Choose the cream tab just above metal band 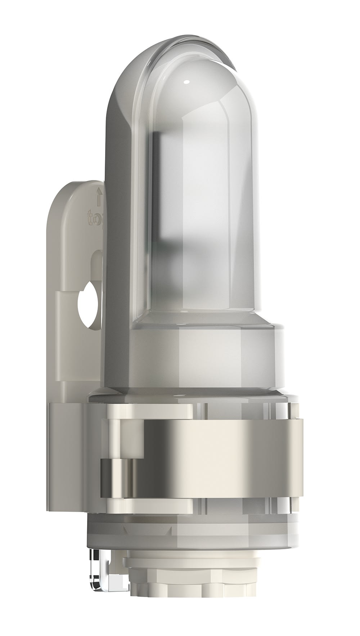tap(169, 409)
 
